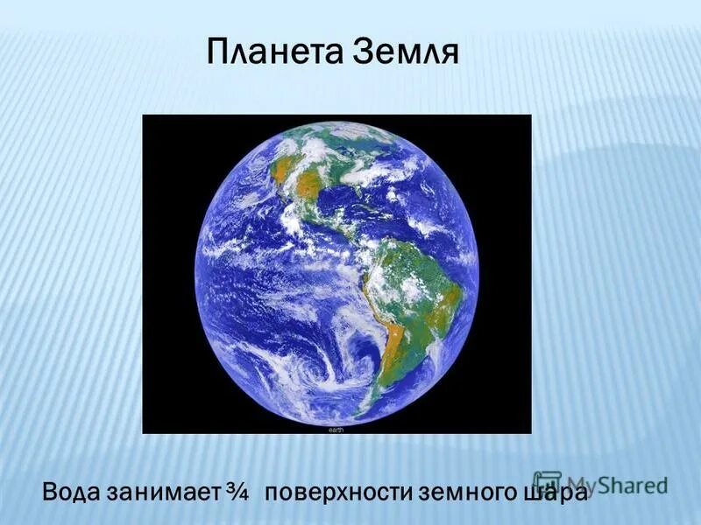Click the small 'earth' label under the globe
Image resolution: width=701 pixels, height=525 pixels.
pos(336,430)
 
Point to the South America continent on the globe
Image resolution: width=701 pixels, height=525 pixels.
pos(412,289)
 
